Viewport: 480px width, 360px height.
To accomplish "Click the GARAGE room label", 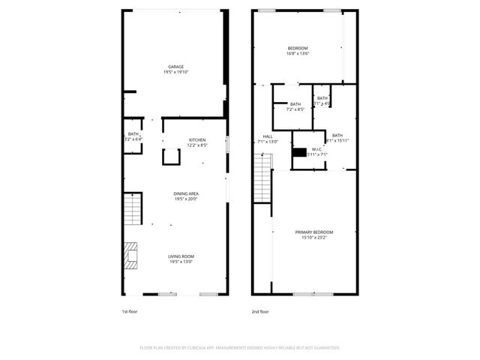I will click(x=175, y=67).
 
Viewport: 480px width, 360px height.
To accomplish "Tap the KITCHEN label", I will click(x=196, y=140).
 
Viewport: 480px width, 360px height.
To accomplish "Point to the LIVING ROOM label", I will click(x=181, y=256).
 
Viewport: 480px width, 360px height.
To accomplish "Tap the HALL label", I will click(x=268, y=136).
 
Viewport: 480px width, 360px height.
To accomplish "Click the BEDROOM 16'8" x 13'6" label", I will click(x=298, y=49).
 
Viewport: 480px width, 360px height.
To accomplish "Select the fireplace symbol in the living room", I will click(x=132, y=255).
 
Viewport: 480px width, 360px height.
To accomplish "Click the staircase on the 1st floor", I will click(x=132, y=208).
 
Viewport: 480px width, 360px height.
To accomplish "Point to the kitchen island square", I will click(x=172, y=156).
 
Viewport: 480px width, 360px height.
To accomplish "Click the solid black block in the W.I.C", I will click(x=300, y=152).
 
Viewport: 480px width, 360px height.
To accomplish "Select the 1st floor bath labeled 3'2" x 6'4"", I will click(x=133, y=136).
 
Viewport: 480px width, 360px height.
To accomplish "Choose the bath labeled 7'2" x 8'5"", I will click(x=295, y=106).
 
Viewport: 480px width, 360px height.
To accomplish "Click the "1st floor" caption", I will click(x=130, y=311).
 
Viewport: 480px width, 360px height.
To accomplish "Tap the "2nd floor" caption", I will click(x=259, y=311).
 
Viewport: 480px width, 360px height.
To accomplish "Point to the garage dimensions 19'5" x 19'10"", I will click(x=175, y=72).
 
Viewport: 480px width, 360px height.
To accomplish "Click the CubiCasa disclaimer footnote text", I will click(x=240, y=348).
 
